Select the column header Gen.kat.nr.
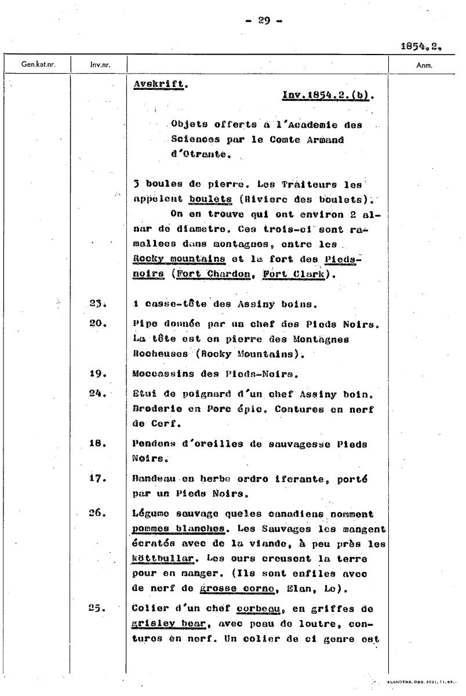[x=38, y=65]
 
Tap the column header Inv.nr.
[x=100, y=65]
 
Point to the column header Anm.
[x=424, y=65]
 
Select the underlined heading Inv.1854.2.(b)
[x=327, y=95]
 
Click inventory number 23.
[x=97, y=303]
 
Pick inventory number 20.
[x=97, y=323]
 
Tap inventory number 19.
[x=97, y=374]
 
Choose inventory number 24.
[x=97, y=393]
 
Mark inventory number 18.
[x=97, y=444]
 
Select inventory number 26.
[x=97, y=513]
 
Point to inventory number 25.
[x=97, y=609]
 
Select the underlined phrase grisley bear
[x=164, y=625]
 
